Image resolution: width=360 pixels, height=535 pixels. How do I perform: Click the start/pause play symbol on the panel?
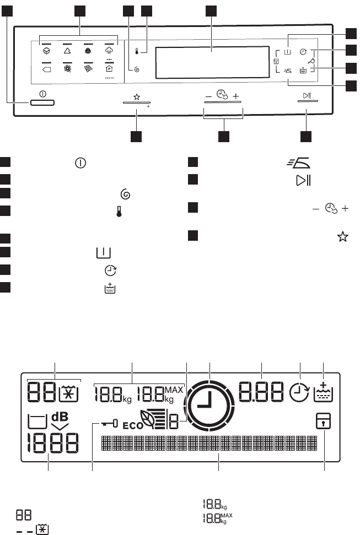[x=307, y=96]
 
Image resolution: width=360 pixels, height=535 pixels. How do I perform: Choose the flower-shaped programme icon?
[x=68, y=69]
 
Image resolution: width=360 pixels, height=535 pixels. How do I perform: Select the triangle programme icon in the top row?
[x=68, y=50]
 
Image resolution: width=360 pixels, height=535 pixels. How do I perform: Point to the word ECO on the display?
[x=132, y=425]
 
